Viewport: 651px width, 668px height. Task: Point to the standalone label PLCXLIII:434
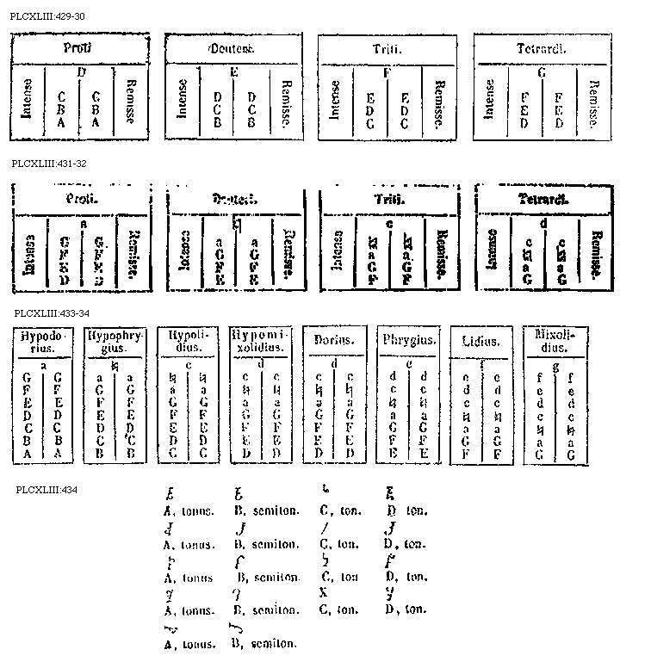pos(47,490)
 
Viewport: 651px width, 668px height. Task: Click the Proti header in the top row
pos(78,47)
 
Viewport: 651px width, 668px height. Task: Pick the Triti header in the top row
pos(387,48)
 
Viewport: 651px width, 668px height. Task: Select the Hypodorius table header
pos(40,342)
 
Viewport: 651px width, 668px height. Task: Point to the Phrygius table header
pos(407,342)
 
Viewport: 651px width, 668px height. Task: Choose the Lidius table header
pos(480,343)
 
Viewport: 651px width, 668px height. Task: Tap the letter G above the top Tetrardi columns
pos(542,73)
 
